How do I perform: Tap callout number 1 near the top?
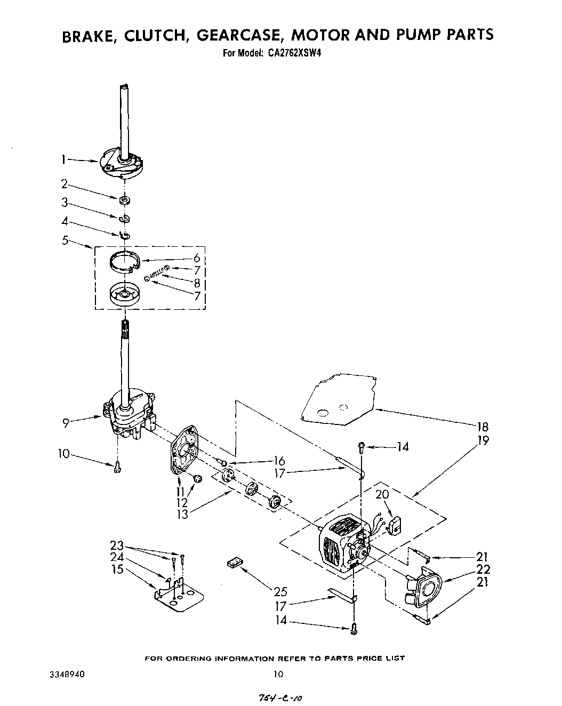click(63, 158)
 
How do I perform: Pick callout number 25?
click(280, 591)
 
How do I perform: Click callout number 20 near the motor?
click(382, 494)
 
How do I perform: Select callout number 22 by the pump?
click(483, 569)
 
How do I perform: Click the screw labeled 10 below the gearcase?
click(117, 467)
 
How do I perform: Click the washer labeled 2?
click(125, 200)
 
